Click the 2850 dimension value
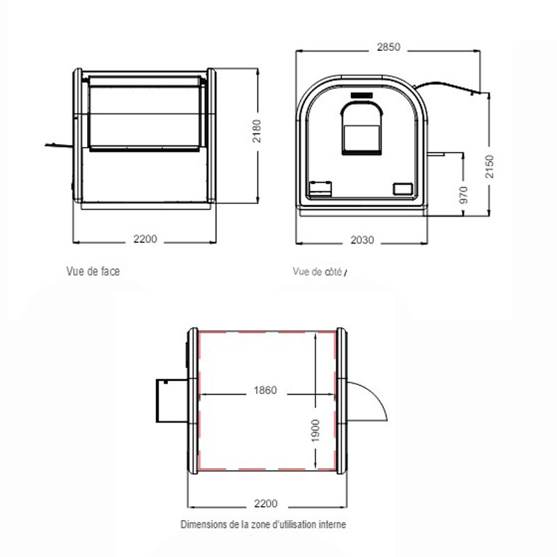tap(389, 47)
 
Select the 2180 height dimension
tap(256, 131)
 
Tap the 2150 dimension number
tap(489, 166)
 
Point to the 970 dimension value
tap(464, 195)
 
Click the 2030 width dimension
tap(362, 240)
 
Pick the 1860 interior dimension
tap(265, 390)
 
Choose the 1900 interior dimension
tap(315, 430)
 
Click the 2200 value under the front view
tap(146, 239)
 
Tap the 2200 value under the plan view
tap(266, 503)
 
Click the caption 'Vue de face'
tap(93, 271)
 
